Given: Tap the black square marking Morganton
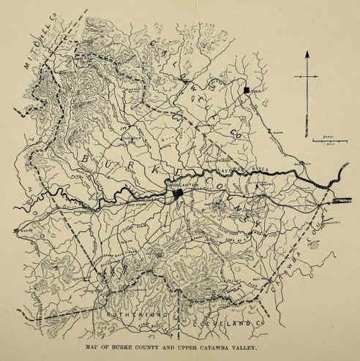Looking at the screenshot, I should (x=178, y=194).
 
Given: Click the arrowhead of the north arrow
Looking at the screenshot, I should (x=307, y=56).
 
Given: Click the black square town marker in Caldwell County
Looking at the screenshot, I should (x=247, y=90).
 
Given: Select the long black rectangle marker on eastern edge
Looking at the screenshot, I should (x=341, y=199).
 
